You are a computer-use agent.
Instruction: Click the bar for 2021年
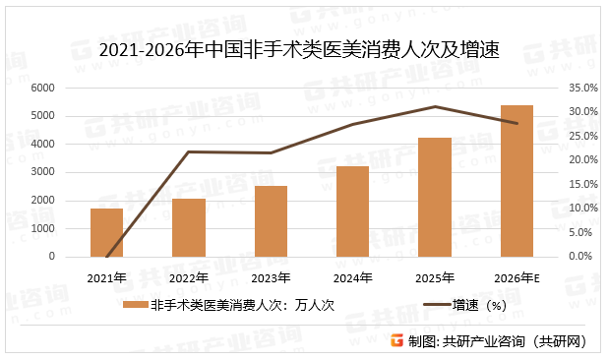[x=106, y=232]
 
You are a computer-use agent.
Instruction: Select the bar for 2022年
[x=188, y=227]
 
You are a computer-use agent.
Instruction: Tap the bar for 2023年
[x=271, y=221]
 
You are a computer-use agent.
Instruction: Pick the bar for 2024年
[x=352, y=211]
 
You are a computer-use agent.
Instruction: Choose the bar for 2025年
[x=434, y=197]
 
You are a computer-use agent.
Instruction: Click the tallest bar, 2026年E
[x=517, y=181]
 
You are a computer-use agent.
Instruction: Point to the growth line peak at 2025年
[x=434, y=106]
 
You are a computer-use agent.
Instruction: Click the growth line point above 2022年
[x=188, y=151]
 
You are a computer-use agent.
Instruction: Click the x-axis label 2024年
[x=352, y=277]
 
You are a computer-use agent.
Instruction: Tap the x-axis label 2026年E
[x=517, y=277]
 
